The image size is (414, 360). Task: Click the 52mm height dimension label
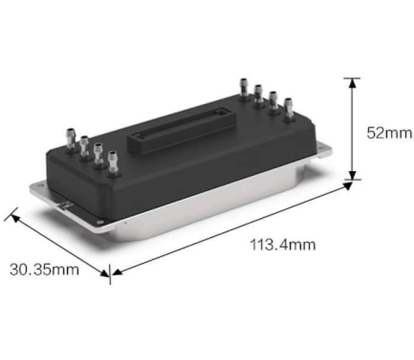point(389,133)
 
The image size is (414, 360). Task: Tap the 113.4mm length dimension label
point(283,245)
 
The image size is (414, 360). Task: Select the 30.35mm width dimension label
point(44,269)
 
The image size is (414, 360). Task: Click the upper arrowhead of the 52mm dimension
point(352,83)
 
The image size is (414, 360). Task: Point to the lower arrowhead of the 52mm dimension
point(352,175)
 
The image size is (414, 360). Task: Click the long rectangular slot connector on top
point(182,130)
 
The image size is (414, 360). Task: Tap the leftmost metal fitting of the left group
point(71,139)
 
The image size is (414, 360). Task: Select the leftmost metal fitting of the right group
point(244,88)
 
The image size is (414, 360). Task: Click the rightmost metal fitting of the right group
point(289,108)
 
